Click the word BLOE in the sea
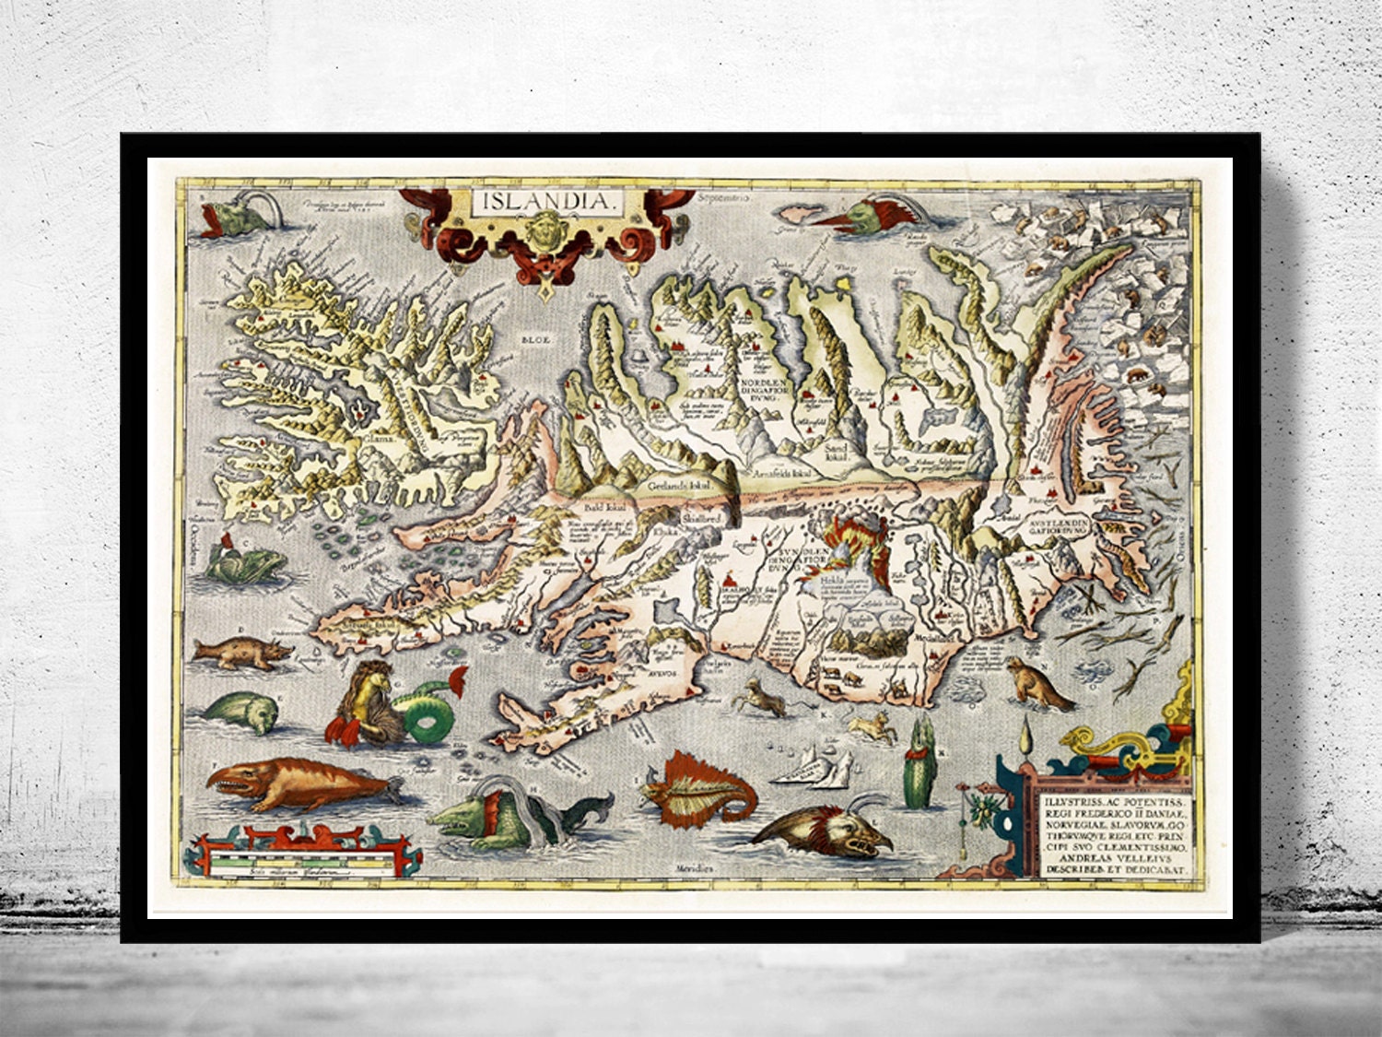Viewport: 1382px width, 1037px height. (x=534, y=340)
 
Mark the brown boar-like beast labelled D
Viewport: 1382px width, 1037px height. (x=242, y=653)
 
